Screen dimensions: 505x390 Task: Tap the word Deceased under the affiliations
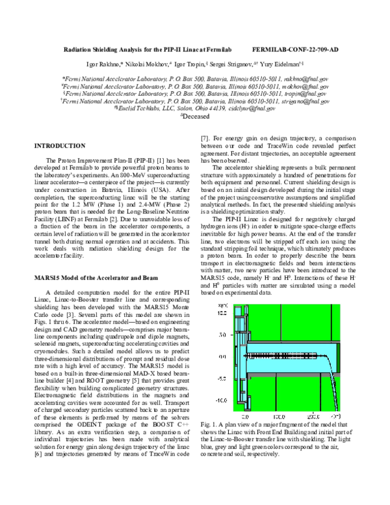tap(197, 116)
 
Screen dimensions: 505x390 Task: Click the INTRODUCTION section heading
tap(59, 146)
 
